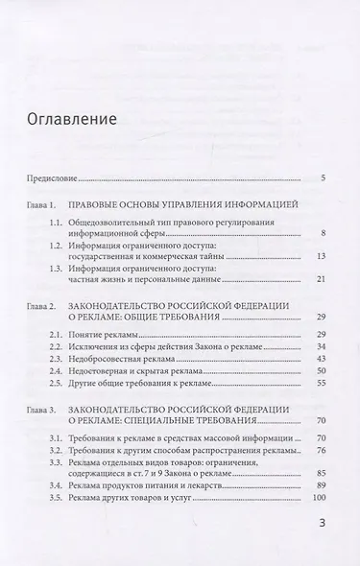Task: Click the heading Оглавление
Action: coord(72,121)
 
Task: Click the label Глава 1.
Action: coord(44,206)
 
